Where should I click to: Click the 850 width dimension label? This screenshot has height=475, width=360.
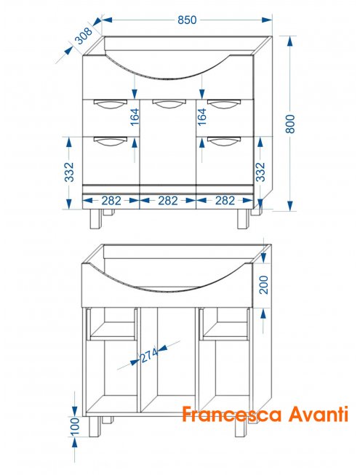coord(187,20)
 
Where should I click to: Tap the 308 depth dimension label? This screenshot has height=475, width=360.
coord(83,36)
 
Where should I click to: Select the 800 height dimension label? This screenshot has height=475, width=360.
coord(289,124)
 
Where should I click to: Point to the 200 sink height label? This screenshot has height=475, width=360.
coord(264,284)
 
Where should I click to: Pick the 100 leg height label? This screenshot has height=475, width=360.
coord(74,426)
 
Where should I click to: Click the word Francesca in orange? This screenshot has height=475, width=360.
coord(232,414)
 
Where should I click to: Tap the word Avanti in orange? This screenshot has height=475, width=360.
coord(318,414)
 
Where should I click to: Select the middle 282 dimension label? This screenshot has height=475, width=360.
coord(168,201)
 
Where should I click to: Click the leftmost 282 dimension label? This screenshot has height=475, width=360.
coord(111,201)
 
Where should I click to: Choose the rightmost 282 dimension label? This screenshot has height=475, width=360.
coord(225,201)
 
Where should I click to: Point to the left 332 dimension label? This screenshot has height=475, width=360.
coord(69,172)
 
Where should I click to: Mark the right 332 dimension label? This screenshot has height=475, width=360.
coord(260,172)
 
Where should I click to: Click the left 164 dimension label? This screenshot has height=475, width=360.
coord(135,117)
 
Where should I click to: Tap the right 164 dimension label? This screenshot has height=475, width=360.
coord(201,117)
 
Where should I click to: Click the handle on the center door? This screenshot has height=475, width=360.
coord(168,103)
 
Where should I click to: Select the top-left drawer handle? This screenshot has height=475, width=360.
coord(111,103)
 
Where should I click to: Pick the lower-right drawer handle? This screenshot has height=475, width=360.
coord(224,141)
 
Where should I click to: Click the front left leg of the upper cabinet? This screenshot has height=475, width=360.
coord(95,219)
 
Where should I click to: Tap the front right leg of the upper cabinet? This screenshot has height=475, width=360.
coord(243,219)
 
